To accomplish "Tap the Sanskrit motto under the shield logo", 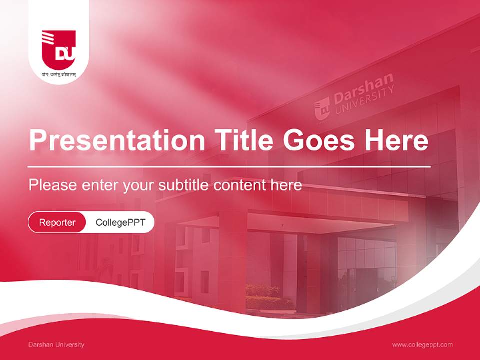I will click(x=59, y=75).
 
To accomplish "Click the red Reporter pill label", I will click(x=57, y=222).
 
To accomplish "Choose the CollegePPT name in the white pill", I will click(x=120, y=222).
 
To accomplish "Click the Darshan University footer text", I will click(x=56, y=345).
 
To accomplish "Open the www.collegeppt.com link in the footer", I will click(x=422, y=345).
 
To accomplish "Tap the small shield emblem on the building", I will click(x=322, y=108).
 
